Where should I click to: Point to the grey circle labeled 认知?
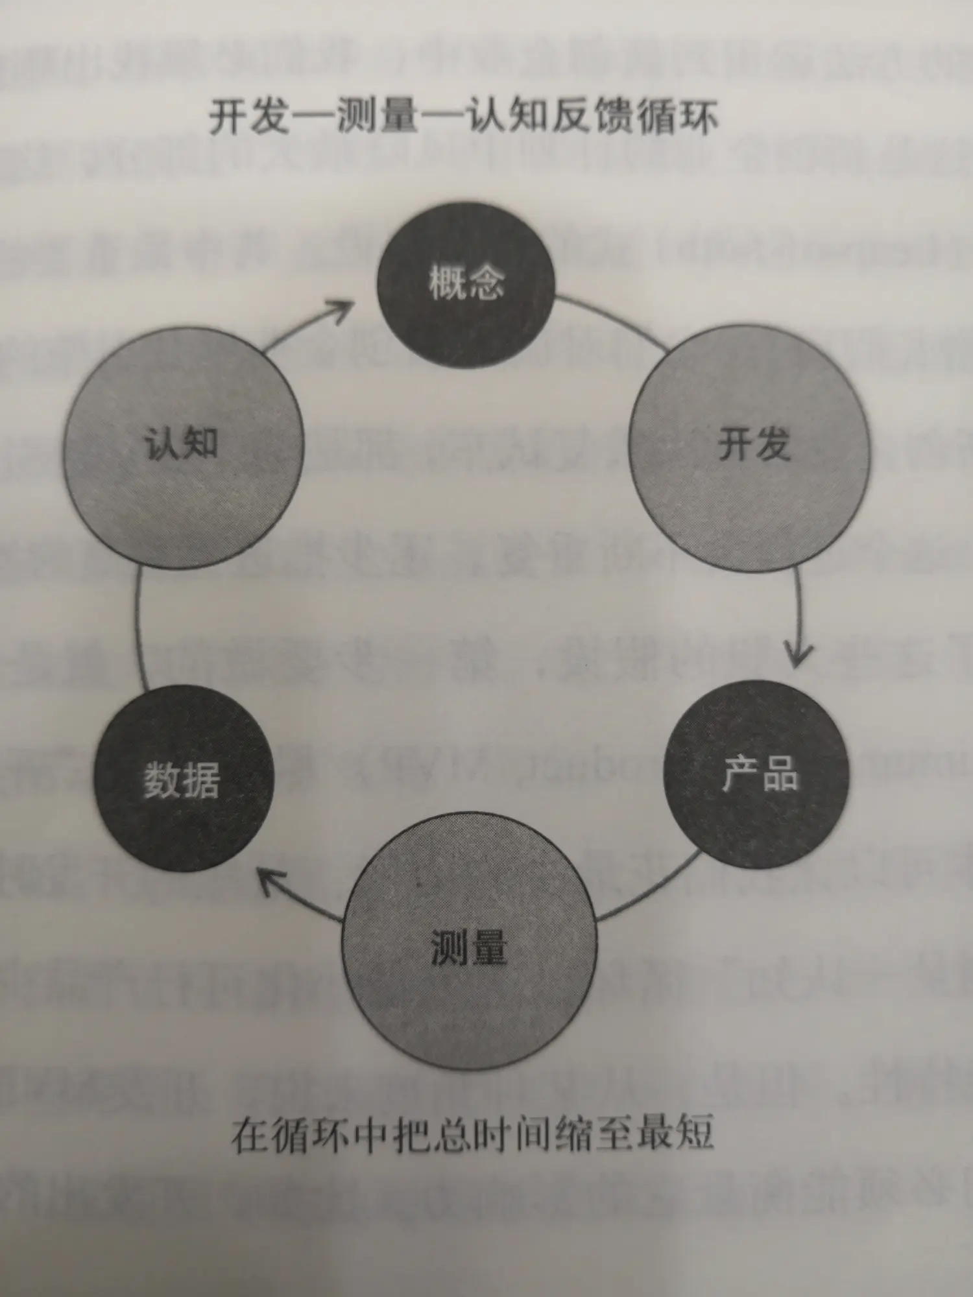184,447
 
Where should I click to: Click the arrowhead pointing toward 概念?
342,309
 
